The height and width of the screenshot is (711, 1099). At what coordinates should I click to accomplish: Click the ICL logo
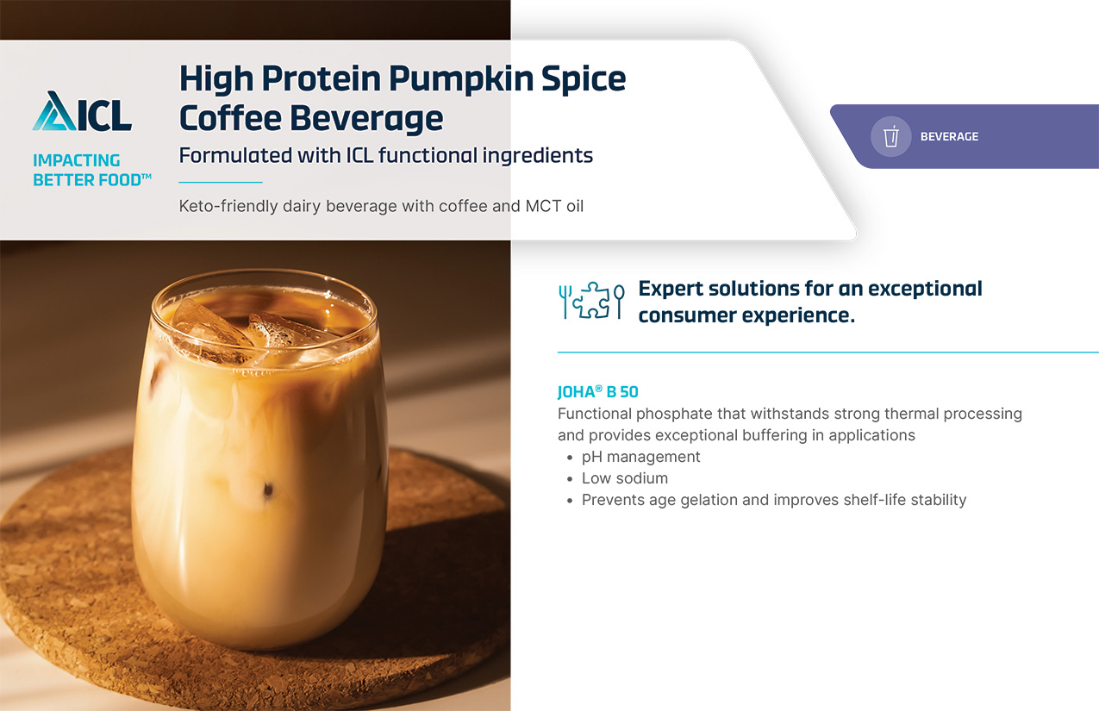tap(82, 111)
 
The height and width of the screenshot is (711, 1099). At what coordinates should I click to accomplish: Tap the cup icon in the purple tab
tap(891, 136)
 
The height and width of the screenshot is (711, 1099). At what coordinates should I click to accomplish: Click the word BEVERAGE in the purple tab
tap(949, 136)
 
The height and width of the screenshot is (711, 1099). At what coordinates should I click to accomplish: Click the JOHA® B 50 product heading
tap(597, 391)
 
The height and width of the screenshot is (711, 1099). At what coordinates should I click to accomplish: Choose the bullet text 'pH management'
tap(640, 457)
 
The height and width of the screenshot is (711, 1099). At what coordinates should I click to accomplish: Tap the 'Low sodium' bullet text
tap(625, 478)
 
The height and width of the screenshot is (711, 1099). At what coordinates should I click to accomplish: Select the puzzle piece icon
tap(591, 300)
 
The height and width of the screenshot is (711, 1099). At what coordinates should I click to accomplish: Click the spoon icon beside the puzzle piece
tap(619, 302)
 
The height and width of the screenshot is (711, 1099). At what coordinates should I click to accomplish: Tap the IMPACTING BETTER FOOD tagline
tap(91, 171)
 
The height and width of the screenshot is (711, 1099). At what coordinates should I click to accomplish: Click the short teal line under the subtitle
tap(221, 182)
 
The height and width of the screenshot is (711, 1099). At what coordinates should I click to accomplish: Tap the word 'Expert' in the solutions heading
tap(671, 289)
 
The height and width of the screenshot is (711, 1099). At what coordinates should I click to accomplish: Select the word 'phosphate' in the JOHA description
tap(674, 415)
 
